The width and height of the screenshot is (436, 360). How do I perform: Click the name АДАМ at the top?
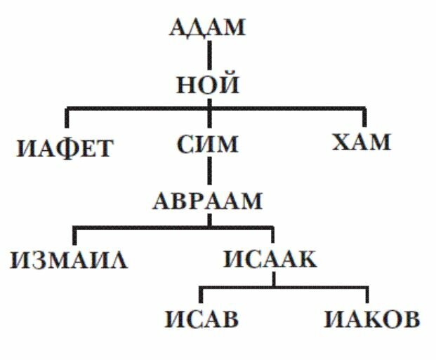[208, 28]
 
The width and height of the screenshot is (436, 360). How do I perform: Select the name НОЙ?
[208, 86]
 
